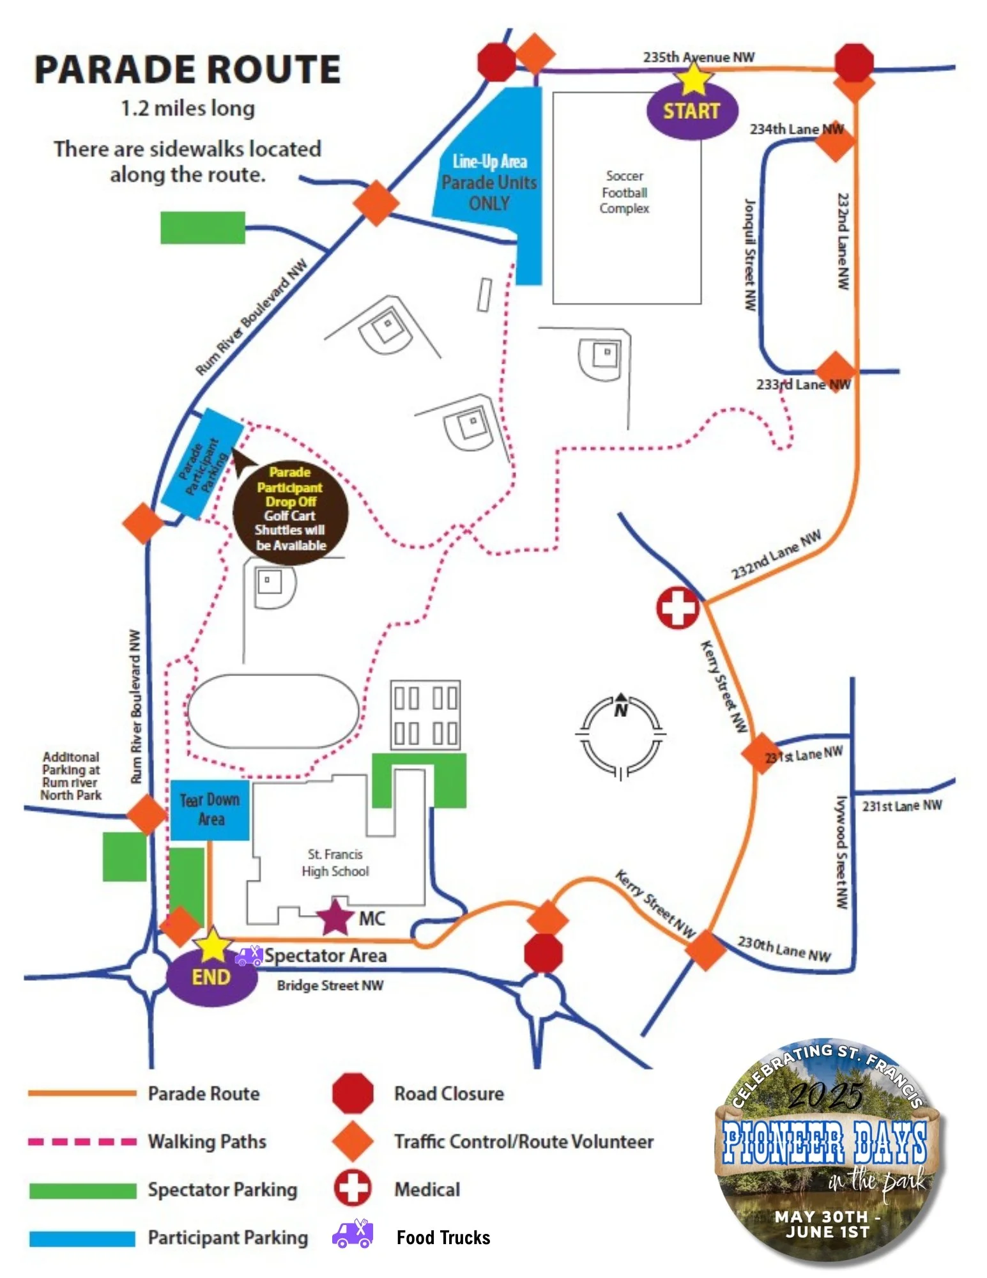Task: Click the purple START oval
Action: point(692,111)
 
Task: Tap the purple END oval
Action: point(211,977)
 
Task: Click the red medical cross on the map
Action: point(678,608)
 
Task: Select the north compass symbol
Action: point(620,735)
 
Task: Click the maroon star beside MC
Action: point(335,917)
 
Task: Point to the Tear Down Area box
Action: point(210,810)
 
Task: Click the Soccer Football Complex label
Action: point(624,192)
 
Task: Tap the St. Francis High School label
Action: point(335,863)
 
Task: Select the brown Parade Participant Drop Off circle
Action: point(290,509)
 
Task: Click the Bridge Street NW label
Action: point(330,985)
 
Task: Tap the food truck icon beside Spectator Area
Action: point(249,956)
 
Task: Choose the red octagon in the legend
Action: point(353,1093)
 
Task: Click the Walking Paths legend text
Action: point(207,1141)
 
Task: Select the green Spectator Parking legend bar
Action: point(82,1190)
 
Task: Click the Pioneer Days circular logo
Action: point(827,1150)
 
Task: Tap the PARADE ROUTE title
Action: point(187,70)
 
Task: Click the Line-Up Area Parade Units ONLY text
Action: point(489,182)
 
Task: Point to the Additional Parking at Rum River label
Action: point(71,776)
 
